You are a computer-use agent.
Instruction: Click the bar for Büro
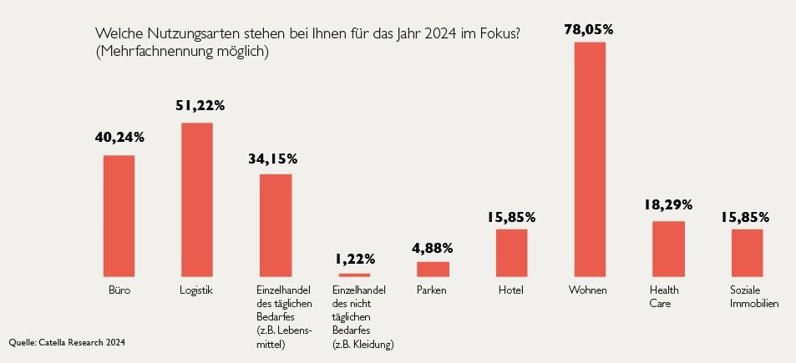(119, 215)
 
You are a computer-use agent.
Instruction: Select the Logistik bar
(197, 199)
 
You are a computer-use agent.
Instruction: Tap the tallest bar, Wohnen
(590, 159)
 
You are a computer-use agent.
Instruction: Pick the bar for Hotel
(511, 252)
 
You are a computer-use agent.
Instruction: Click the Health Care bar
(668, 249)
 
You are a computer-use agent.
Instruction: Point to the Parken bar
(433, 269)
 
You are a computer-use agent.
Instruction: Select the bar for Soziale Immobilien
(747, 252)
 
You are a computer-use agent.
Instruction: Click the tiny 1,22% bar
(354, 275)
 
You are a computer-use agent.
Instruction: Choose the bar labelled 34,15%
(276, 225)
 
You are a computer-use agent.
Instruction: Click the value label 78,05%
(589, 29)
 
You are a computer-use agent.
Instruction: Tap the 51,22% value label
(200, 106)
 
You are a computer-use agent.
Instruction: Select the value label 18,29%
(668, 204)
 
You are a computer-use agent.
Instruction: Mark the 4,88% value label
(433, 248)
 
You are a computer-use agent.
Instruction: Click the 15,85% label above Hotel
(511, 217)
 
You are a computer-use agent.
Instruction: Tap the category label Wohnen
(588, 290)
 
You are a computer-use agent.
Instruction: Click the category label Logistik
(197, 290)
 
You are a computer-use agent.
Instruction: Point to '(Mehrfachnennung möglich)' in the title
(181, 52)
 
